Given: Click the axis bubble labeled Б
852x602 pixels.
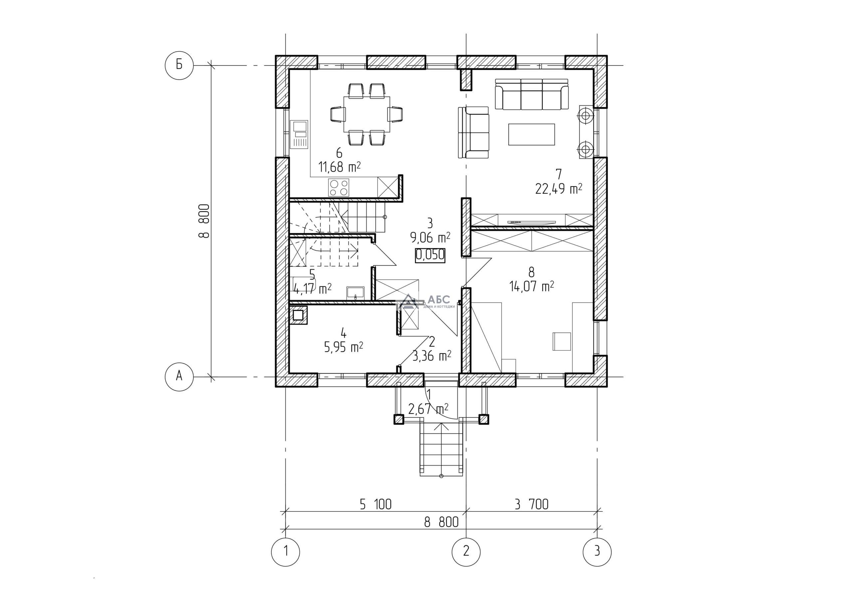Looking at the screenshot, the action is [179, 65].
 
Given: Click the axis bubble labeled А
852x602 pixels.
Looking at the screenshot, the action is [179, 376].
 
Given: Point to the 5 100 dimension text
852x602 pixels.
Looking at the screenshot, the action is [375, 505].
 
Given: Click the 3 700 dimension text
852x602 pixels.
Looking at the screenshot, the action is [532, 505].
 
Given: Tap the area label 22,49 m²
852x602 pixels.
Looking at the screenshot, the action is [558, 189].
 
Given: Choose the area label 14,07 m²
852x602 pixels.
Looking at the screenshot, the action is [532, 286].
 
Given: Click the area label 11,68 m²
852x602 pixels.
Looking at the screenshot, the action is [339, 167].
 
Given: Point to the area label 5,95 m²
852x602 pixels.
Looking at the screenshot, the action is [343, 347].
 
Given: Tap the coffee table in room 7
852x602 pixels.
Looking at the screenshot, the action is [532, 134].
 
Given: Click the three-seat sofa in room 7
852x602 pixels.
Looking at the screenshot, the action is [532, 94].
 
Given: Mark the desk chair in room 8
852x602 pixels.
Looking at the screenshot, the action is [561, 341].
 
